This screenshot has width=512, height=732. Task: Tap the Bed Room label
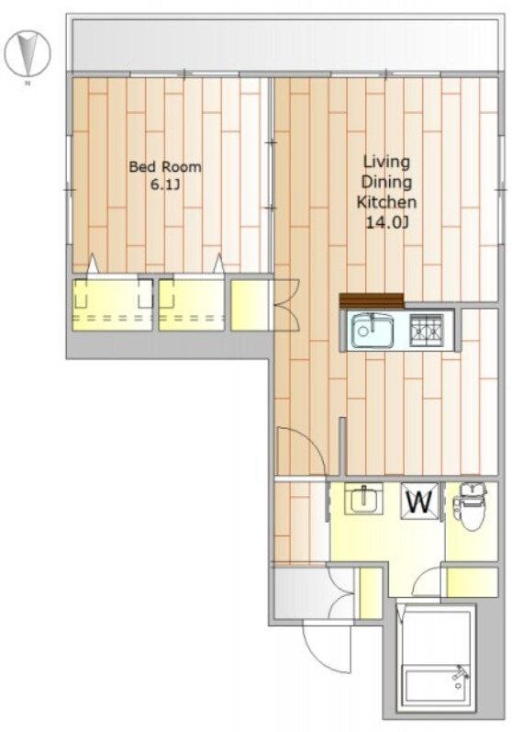(164, 166)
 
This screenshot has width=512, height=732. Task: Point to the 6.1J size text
(164, 186)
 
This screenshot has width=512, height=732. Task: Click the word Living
(386, 163)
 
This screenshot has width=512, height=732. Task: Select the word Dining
(386, 182)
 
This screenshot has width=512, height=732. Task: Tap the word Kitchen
(386, 202)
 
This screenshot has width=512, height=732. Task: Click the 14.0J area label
(386, 222)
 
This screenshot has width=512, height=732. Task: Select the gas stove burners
(426, 330)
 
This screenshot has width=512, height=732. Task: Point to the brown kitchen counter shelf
(372, 300)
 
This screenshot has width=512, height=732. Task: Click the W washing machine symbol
(419, 501)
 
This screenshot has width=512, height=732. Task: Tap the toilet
(470, 507)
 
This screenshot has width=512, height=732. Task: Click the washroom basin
(363, 499)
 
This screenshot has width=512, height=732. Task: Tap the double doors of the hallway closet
(285, 305)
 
